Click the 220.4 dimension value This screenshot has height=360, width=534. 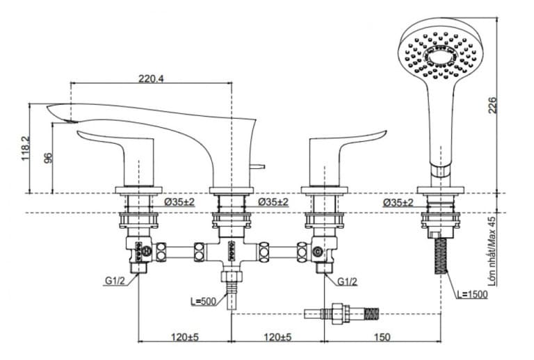[151, 79]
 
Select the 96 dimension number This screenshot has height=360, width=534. [49, 158]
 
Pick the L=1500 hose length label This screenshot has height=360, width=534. [472, 295]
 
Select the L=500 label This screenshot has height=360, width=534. [202, 301]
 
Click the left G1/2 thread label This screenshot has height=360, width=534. [115, 281]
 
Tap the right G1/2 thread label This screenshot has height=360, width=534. [348, 281]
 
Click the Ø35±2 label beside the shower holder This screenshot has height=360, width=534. [398, 202]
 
